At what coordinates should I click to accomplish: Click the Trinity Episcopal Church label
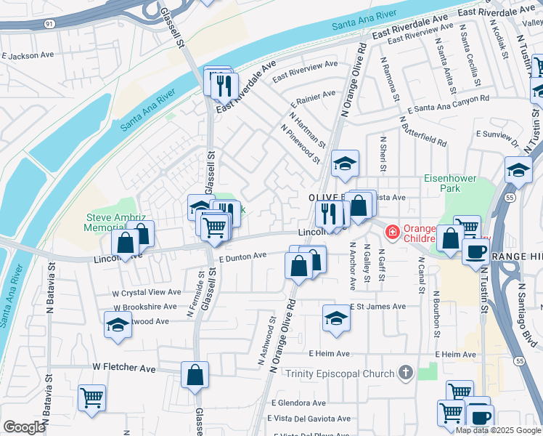pos(340,374)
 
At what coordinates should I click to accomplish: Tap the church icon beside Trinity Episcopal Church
pos(405,374)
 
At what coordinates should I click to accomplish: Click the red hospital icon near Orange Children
pos(393,232)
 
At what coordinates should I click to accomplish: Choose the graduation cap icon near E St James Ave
pos(335,318)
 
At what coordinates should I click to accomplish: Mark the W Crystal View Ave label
pos(146,292)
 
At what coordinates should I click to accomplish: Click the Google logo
pos(24,427)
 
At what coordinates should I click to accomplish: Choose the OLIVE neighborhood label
pos(324,197)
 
